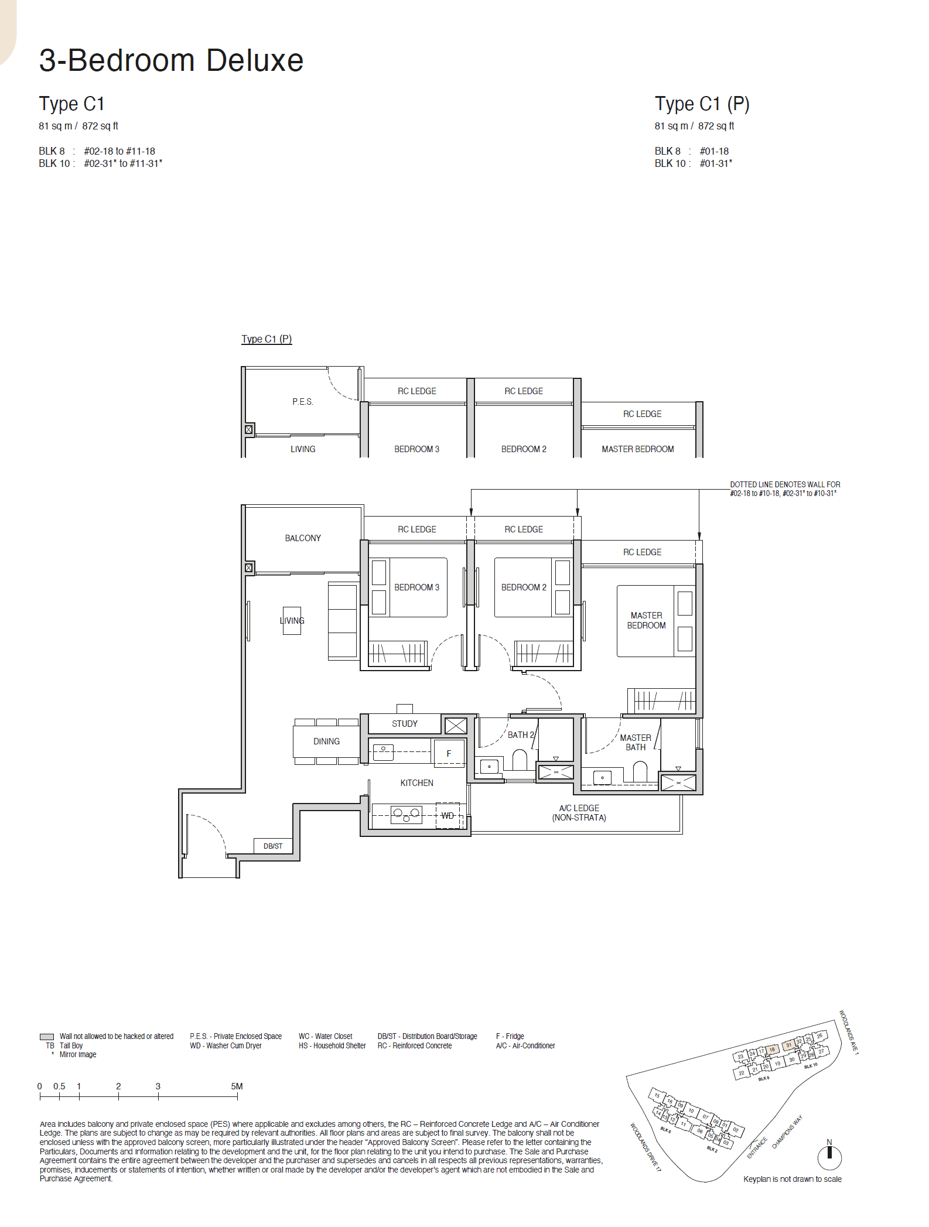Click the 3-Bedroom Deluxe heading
point(171,60)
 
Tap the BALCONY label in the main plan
point(302,538)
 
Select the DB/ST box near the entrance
point(272,846)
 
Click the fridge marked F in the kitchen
point(449,753)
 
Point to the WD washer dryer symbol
point(448,815)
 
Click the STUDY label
point(404,724)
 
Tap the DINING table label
point(326,741)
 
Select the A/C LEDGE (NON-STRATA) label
point(579,812)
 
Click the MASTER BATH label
point(635,742)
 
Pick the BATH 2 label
point(520,734)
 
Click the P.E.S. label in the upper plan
point(302,401)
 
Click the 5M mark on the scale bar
point(237,1086)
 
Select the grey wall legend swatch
point(47,1037)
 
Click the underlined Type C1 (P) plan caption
point(267,339)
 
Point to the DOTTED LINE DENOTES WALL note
point(784,488)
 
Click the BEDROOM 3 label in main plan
point(416,587)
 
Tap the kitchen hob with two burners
point(406,814)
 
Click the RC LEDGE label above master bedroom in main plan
point(642,552)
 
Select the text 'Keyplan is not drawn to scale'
point(792,1179)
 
